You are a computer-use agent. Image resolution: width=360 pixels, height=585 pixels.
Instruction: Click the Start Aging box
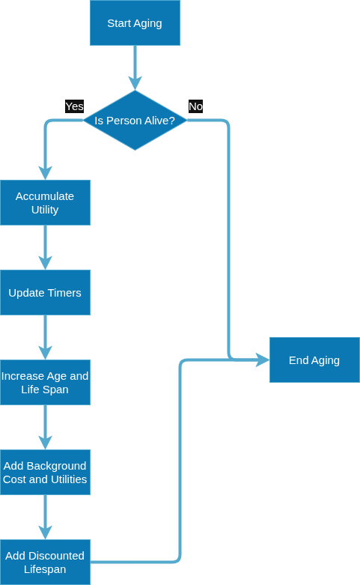pos(135,22)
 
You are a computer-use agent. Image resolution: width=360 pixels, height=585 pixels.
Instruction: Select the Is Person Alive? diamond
pos(135,120)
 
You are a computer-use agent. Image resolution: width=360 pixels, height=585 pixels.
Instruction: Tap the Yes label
pos(75,106)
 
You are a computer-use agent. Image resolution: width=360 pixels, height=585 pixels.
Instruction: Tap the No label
pos(195,106)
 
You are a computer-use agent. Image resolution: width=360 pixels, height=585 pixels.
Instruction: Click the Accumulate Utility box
pos(45,202)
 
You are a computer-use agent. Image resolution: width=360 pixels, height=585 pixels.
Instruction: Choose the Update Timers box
pos(45,292)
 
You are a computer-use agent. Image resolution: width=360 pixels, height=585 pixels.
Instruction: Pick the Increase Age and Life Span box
pos(45,383)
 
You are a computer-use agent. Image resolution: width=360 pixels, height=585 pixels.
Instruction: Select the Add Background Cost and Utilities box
pos(45,473)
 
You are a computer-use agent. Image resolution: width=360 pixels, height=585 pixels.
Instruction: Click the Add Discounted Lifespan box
pos(45,563)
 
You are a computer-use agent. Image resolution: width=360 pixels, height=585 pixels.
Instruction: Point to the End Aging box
pos(314,360)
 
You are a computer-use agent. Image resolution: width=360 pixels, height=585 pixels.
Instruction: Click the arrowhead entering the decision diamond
pos(135,83)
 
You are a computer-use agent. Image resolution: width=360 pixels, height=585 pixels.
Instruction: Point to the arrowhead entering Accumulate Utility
pos(45,173)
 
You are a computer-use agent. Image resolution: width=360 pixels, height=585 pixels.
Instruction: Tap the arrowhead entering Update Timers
pos(45,263)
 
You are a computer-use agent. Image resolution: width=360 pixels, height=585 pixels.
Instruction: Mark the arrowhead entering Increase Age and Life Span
pos(45,353)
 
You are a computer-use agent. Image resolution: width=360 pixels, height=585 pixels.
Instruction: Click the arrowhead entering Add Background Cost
pos(45,443)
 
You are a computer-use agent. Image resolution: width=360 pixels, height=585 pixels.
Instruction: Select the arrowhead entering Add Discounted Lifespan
pos(45,533)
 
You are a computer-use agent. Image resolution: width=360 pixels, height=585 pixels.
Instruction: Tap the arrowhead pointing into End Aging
pos(263,360)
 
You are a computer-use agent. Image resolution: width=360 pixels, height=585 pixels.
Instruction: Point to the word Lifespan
pos(45,569)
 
